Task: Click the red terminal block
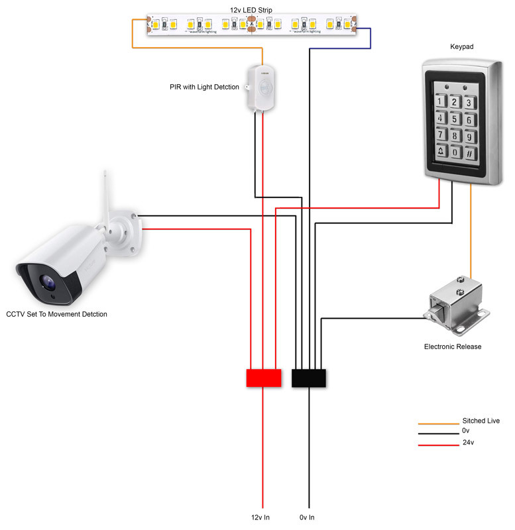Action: tap(263, 378)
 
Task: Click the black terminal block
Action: tap(309, 378)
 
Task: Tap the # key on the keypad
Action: tap(470, 153)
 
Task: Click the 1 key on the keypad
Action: tap(440, 101)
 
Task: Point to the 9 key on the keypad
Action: tap(470, 136)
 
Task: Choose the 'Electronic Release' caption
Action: tap(453, 346)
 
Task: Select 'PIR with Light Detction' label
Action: tap(203, 87)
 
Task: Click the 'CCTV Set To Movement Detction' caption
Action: tap(56, 314)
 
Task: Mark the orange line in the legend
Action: tap(437, 423)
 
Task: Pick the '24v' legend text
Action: tap(469, 442)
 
